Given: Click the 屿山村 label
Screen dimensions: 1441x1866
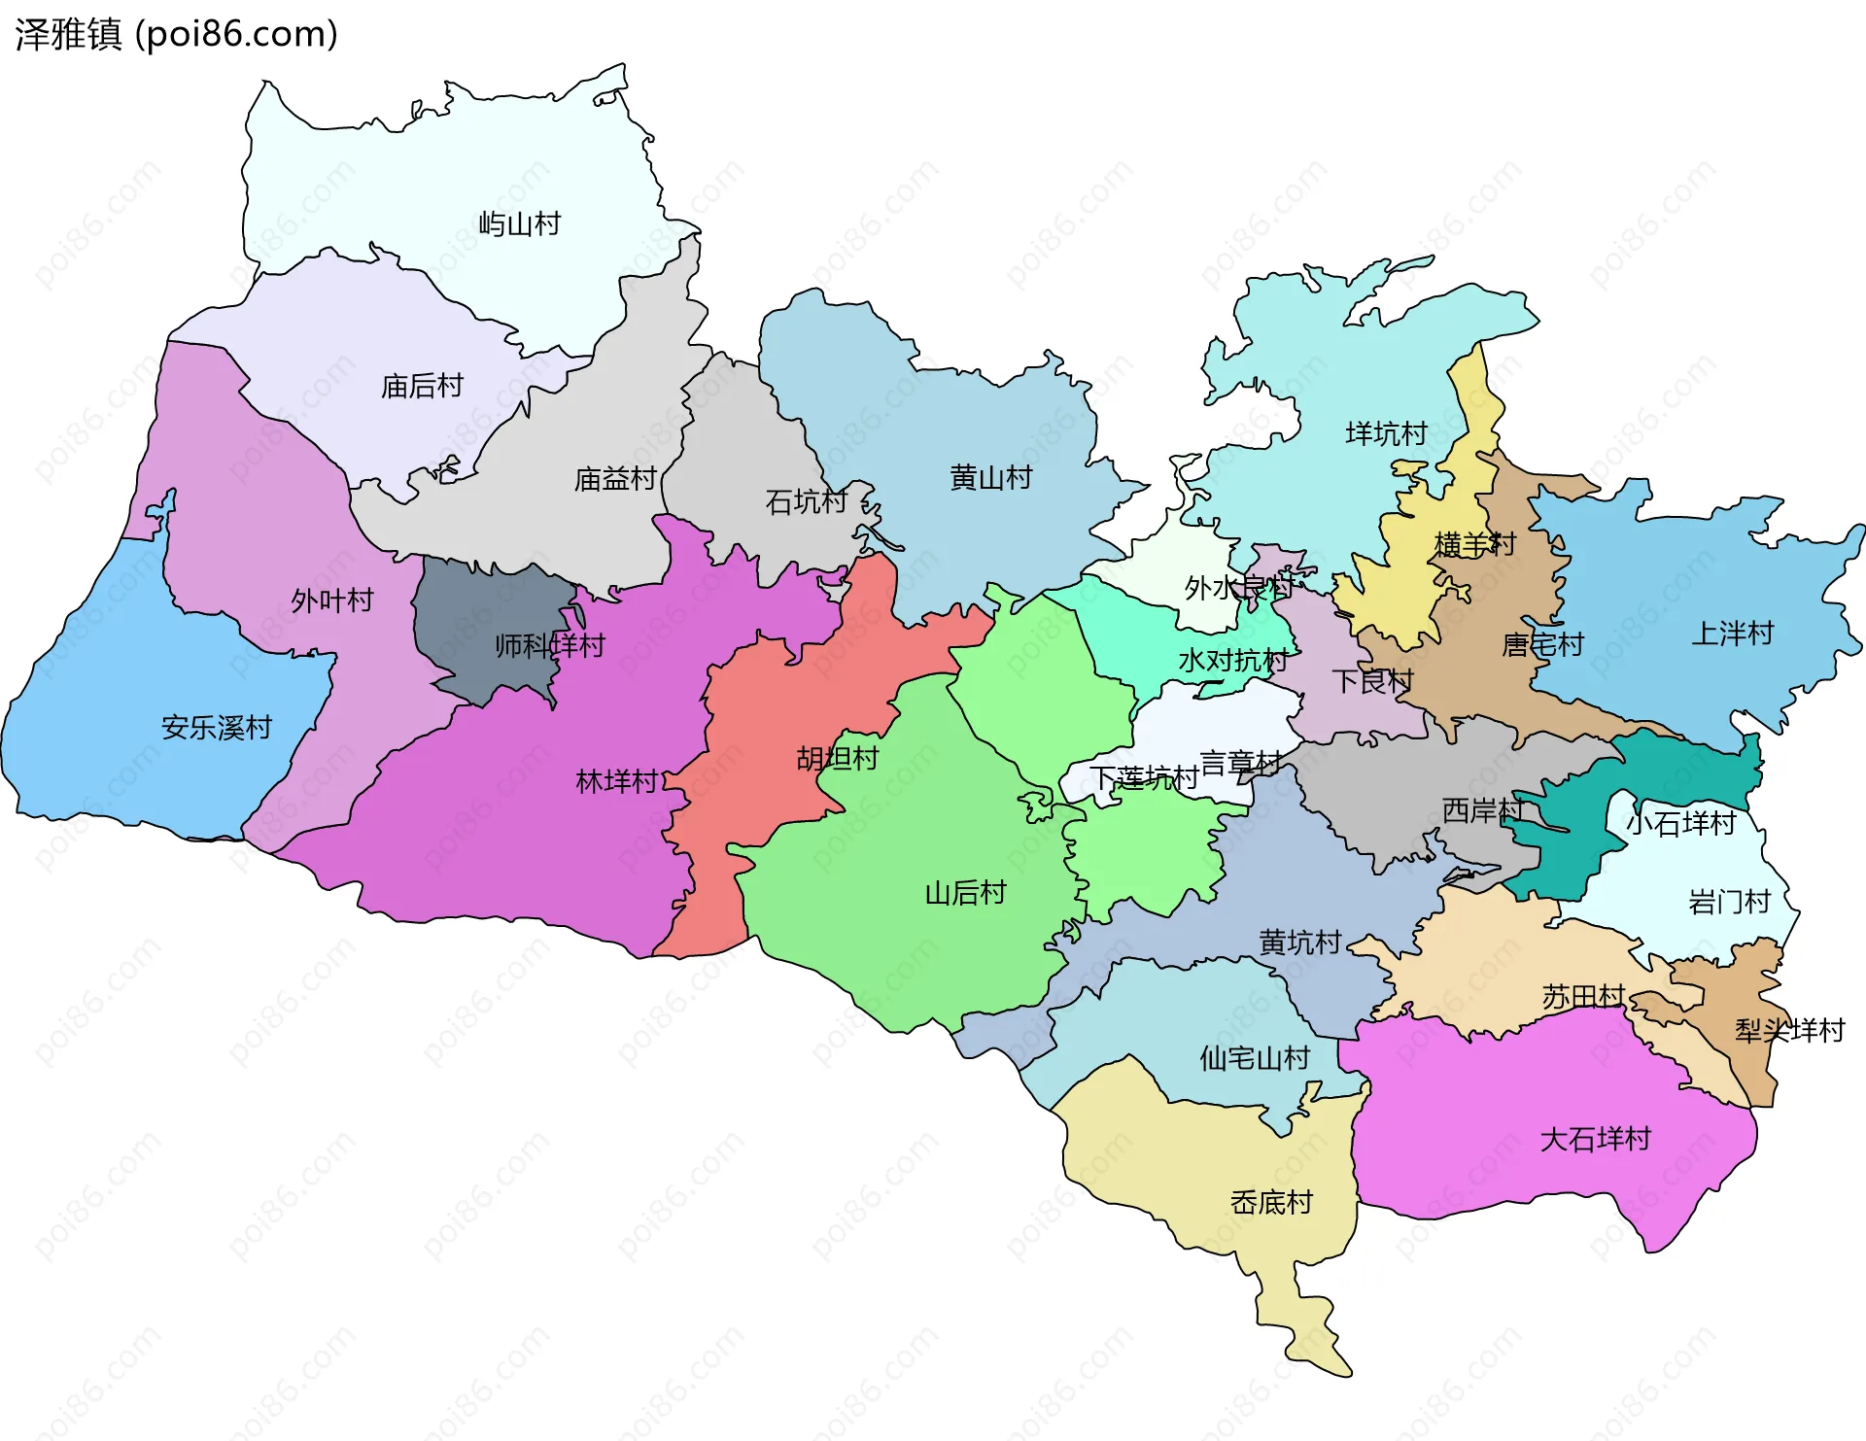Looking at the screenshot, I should pos(519,224).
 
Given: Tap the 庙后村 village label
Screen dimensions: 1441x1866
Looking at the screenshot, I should pos(422,387).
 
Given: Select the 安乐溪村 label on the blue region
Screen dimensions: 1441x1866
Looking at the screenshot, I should pos(216,728).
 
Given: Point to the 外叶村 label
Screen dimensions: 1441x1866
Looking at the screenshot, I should pos(331,600).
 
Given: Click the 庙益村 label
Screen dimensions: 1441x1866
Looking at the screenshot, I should pos(615,479).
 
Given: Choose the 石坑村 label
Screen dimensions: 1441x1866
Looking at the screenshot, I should pos(806,502).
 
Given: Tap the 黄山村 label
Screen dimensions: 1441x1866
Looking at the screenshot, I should pos(990,478).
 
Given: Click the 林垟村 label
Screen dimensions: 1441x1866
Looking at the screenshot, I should pos(617,781).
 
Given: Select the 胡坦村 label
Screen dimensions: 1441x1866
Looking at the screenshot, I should pos(837,759).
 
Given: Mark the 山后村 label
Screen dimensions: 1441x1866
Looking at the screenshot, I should pos(964,893).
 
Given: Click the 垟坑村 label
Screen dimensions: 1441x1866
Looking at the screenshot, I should pos(1386,433).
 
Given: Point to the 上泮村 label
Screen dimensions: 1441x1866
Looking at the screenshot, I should pos(1732,635).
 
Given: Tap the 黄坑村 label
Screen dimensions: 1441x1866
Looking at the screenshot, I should pos(1299,942).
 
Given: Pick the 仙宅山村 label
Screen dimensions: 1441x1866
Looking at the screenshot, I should pos(1254,1058).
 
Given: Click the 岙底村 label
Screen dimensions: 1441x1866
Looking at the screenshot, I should pos(1270,1203).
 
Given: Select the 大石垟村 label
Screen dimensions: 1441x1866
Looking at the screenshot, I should pos(1595,1139).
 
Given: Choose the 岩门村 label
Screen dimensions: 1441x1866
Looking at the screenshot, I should pos(1729,903).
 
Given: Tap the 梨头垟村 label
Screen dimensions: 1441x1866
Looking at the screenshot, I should pos(1789,1030).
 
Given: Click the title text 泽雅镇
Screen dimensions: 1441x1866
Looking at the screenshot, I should pos(68,34).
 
